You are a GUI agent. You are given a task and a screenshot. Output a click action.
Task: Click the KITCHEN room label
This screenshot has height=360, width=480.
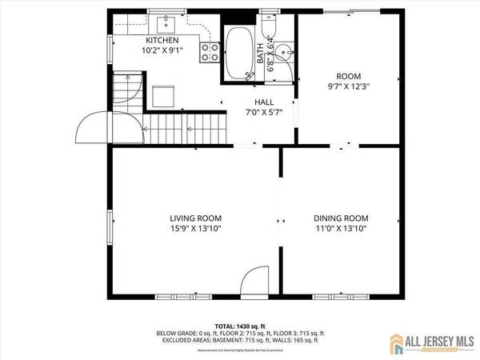pos(162,40)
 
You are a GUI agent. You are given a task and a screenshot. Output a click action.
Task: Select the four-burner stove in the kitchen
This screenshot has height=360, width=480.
pos(210,52)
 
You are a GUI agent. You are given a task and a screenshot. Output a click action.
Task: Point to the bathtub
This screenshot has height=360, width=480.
pos(238,53)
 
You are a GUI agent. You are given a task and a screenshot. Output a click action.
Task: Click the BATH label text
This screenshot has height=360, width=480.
pos(261,54)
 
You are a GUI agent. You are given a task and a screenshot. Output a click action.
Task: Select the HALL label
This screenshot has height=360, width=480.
pos(263,102)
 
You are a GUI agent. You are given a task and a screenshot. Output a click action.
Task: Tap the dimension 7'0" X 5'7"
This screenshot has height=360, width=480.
pos(263,113)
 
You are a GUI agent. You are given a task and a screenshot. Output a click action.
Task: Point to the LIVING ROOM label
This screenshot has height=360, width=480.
pos(195,218)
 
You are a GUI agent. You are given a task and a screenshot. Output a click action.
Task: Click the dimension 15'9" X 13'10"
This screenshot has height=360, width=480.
pos(195,230)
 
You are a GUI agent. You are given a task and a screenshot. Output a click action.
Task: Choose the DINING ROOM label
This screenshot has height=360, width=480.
pos(341,218)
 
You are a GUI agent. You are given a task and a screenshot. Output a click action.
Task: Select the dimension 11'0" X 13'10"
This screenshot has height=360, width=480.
pos(341,230)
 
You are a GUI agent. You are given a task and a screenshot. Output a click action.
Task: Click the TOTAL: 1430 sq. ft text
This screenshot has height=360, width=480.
pos(240,326)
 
